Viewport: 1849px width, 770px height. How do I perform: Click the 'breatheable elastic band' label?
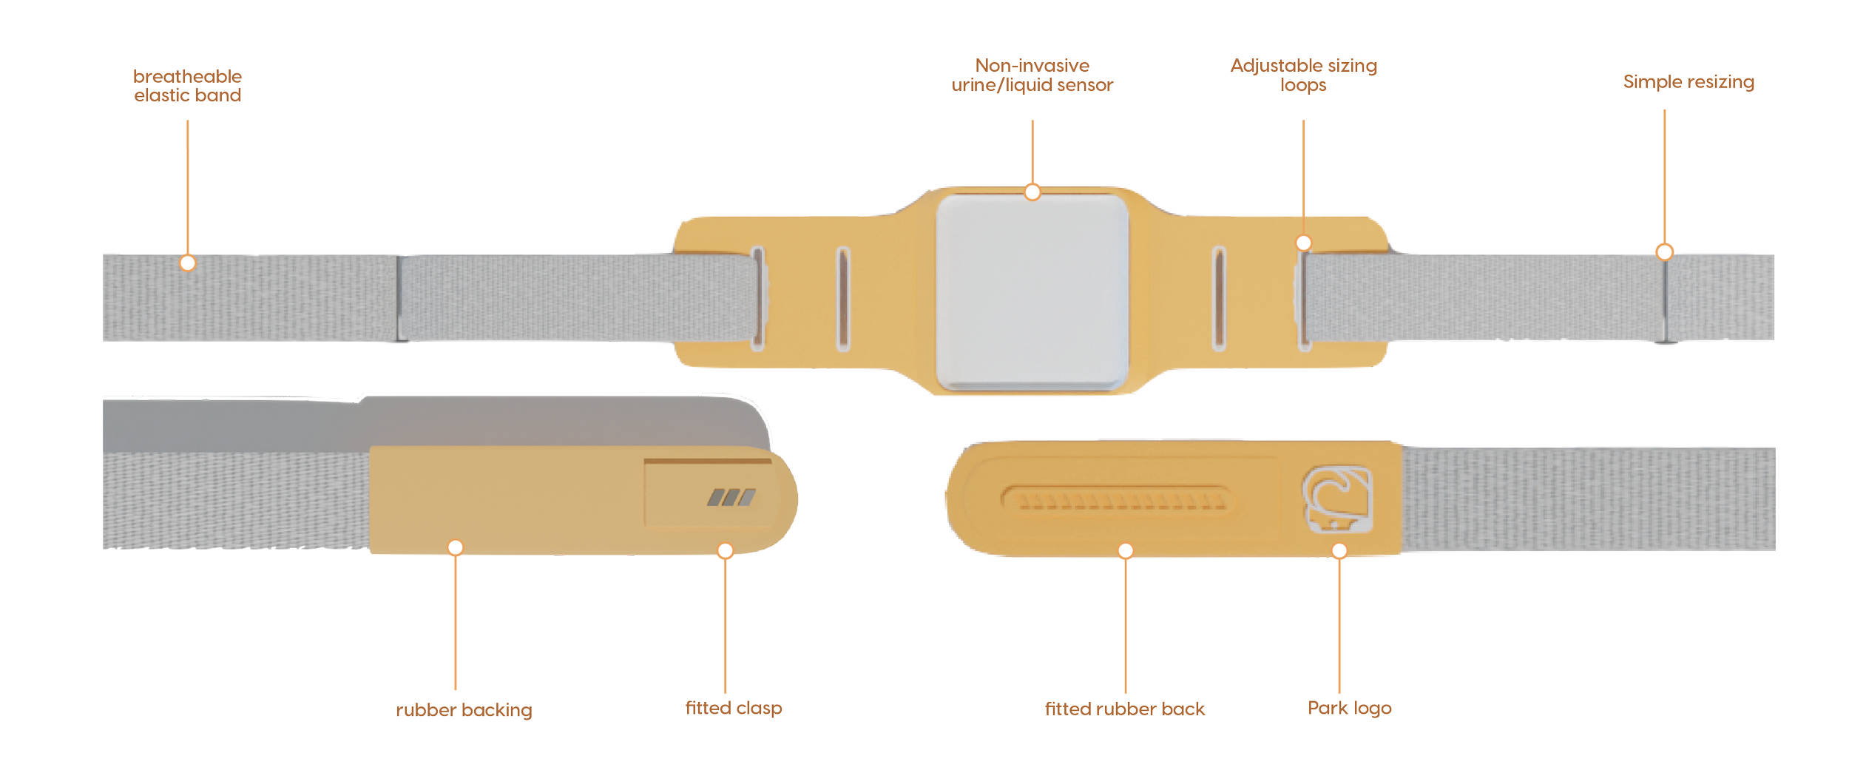[x=188, y=86]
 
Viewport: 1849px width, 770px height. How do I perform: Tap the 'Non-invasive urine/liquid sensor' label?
[x=1032, y=75]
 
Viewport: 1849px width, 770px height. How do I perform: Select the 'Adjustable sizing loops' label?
[x=1303, y=75]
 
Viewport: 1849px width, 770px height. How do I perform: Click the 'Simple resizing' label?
[x=1688, y=82]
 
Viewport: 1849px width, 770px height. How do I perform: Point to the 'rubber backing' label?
[x=464, y=710]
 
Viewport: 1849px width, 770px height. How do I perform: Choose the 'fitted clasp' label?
[x=733, y=708]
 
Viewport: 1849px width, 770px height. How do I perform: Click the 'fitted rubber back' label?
[x=1125, y=709]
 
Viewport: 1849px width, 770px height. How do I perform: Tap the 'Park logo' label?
[x=1350, y=708]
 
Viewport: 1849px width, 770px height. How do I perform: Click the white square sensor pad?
[x=1032, y=292]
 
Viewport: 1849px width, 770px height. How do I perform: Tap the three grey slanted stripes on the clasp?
[x=731, y=497]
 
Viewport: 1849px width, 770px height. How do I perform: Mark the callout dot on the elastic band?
[x=188, y=263]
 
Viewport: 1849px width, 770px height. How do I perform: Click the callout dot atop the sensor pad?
[x=1032, y=192]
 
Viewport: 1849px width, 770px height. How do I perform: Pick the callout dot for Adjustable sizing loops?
[x=1303, y=243]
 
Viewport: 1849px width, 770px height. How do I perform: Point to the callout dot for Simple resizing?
[x=1664, y=252]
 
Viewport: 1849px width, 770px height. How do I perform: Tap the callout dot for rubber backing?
[x=456, y=547]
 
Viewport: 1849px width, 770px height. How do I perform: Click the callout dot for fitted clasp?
[x=726, y=550]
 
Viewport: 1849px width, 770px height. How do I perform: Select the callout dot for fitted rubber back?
[x=1126, y=550]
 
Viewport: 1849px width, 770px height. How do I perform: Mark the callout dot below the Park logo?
[x=1339, y=550]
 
